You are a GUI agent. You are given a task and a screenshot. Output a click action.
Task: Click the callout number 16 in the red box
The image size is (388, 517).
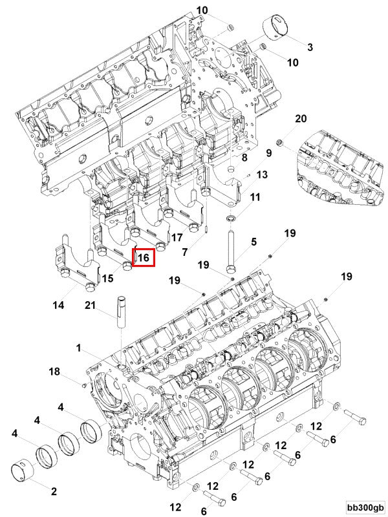pyautogui.click(x=144, y=258)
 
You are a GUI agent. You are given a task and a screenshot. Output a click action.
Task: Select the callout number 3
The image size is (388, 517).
pyautogui.click(x=310, y=47)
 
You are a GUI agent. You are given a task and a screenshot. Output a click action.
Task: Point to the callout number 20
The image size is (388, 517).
pyautogui.click(x=300, y=119)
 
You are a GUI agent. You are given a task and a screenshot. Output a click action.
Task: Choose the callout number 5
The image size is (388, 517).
pyautogui.click(x=253, y=242)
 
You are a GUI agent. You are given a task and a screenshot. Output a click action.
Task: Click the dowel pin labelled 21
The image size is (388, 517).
pyautogui.click(x=121, y=313)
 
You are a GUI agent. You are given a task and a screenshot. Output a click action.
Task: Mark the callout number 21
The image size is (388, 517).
pyautogui.click(x=91, y=306)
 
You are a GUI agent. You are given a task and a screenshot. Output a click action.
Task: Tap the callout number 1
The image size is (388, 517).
pyautogui.click(x=79, y=348)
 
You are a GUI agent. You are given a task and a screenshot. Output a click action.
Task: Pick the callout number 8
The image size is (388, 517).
pyautogui.click(x=244, y=158)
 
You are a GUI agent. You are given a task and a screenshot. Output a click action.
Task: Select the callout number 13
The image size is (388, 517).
pyautogui.click(x=261, y=175)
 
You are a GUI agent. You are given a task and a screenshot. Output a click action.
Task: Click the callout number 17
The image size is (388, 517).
pyautogui.click(x=176, y=237)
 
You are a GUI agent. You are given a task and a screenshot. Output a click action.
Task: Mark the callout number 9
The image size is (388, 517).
pyautogui.click(x=269, y=153)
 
